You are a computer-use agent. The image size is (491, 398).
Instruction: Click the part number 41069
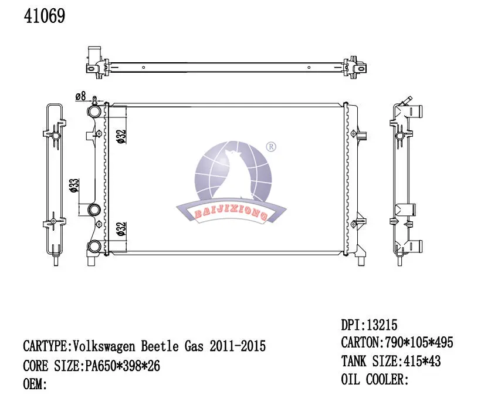[x=44, y=16]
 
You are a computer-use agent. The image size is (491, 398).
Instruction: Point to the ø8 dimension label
[x=81, y=96]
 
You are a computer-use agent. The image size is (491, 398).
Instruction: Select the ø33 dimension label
[x=74, y=185]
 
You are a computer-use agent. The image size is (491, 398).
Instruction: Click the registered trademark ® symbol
[x=271, y=147]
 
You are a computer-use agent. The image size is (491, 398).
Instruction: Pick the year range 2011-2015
[x=237, y=346]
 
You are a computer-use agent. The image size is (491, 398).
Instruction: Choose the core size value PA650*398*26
[x=120, y=366]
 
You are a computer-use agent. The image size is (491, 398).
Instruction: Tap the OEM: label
[x=35, y=385]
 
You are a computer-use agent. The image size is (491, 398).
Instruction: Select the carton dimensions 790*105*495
[x=418, y=343]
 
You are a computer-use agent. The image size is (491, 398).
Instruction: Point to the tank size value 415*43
[x=420, y=362]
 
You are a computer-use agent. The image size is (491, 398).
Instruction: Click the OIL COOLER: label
[x=374, y=380]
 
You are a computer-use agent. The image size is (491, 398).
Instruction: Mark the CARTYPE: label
[x=47, y=346]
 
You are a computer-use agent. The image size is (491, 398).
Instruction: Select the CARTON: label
[x=362, y=343]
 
